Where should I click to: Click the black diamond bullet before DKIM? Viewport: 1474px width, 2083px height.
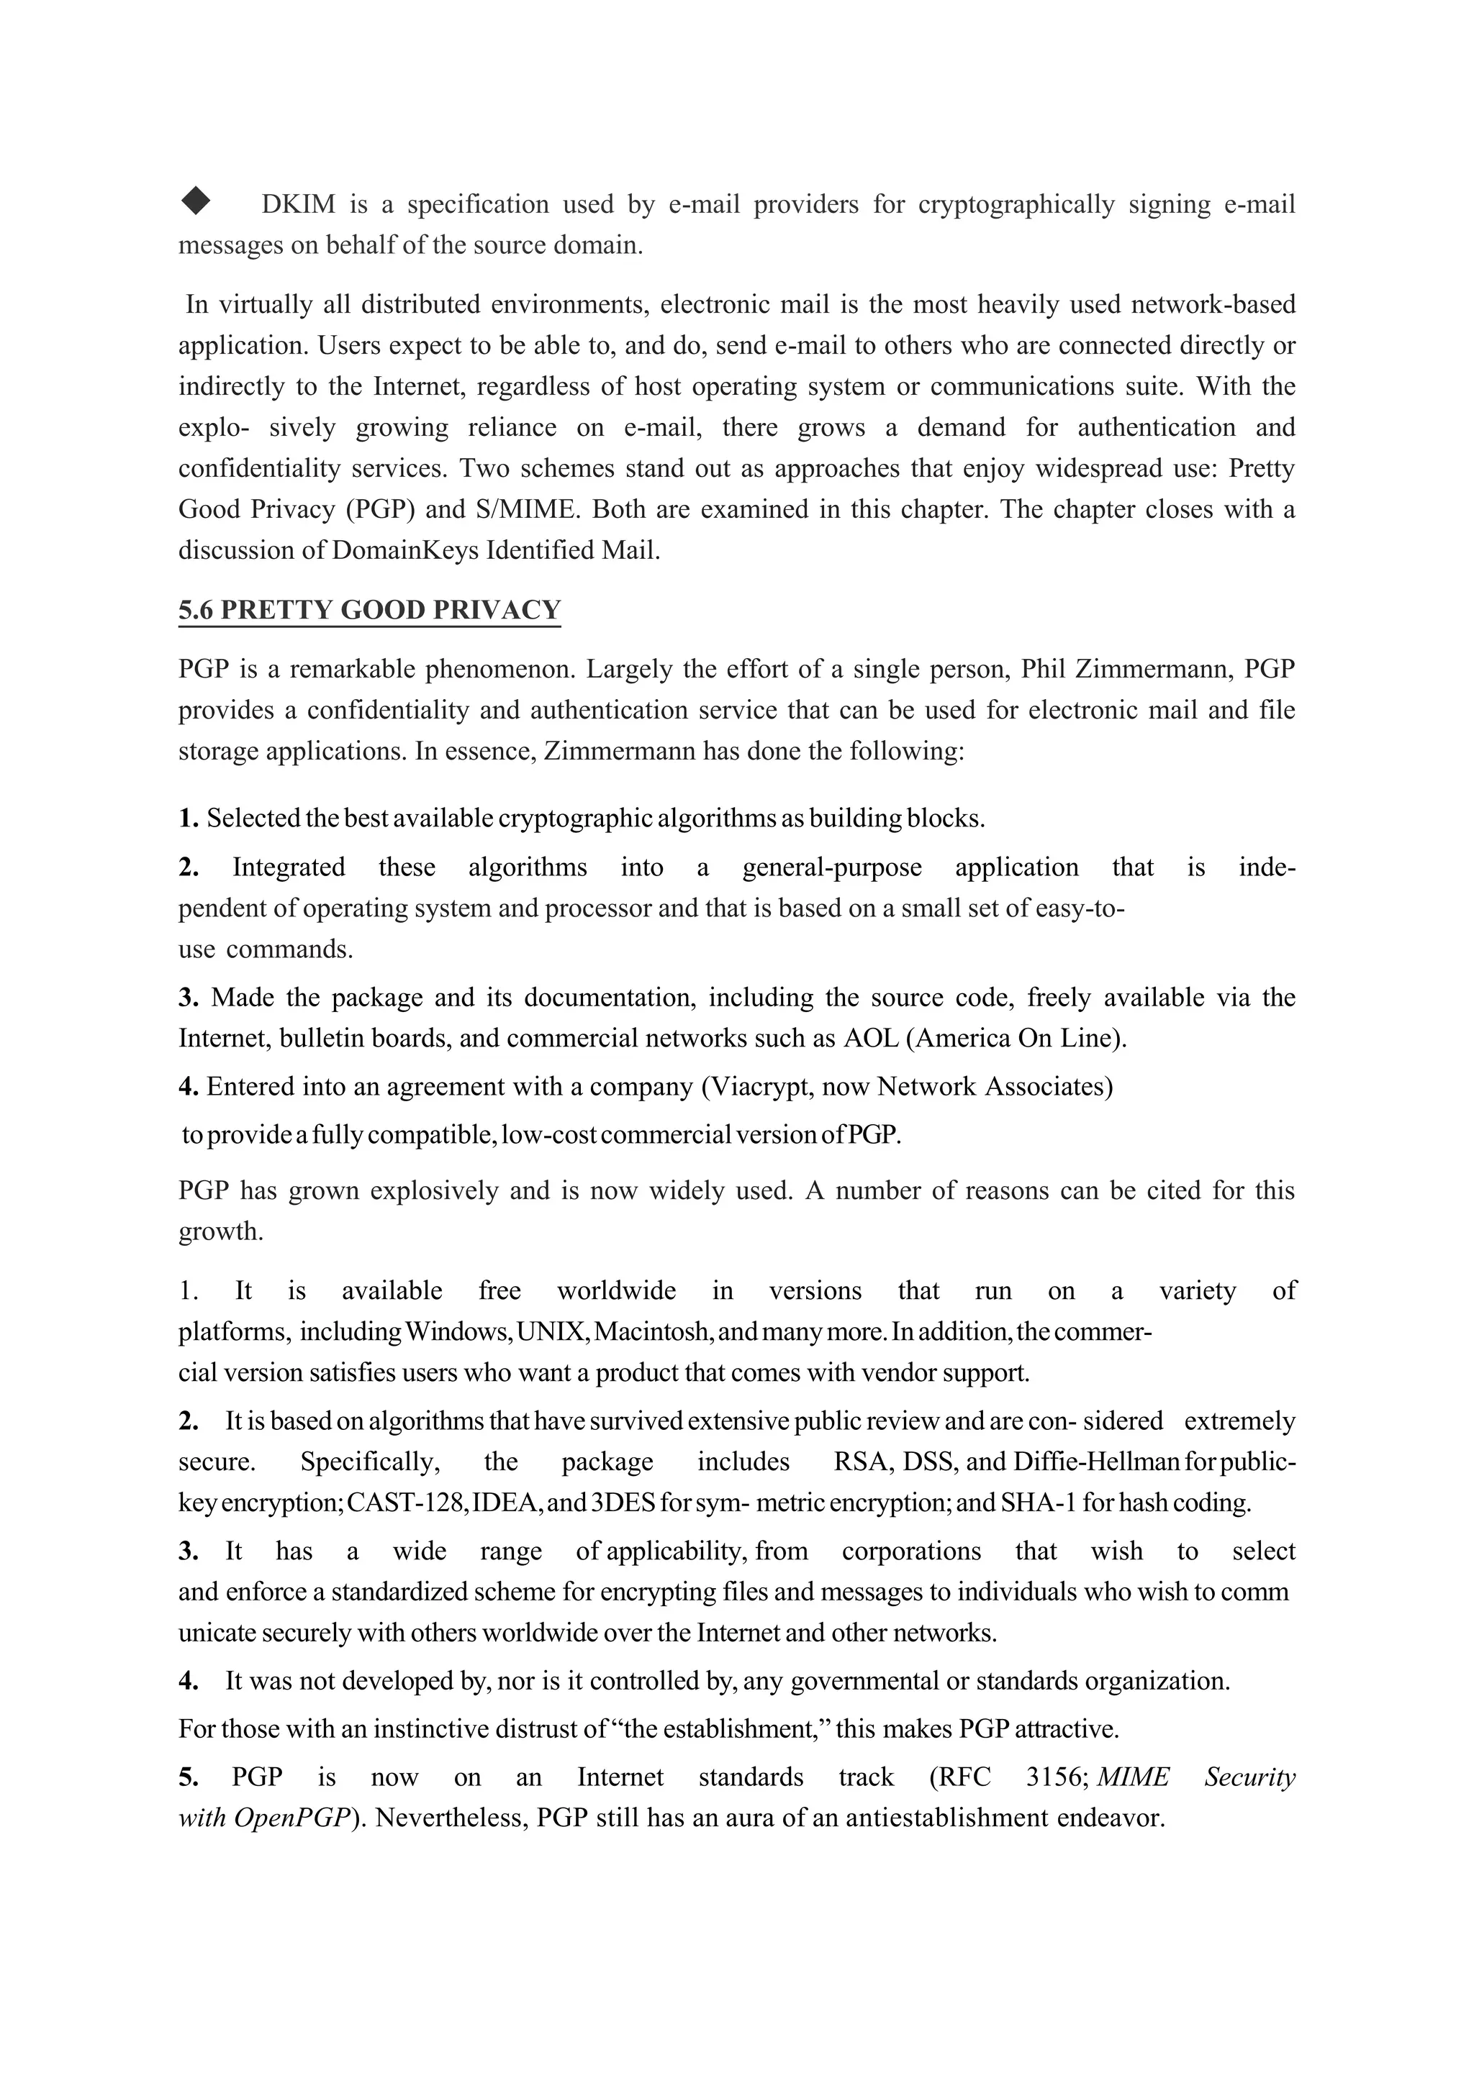tap(195, 201)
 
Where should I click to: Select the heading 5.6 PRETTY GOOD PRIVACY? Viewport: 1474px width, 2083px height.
tap(369, 610)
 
